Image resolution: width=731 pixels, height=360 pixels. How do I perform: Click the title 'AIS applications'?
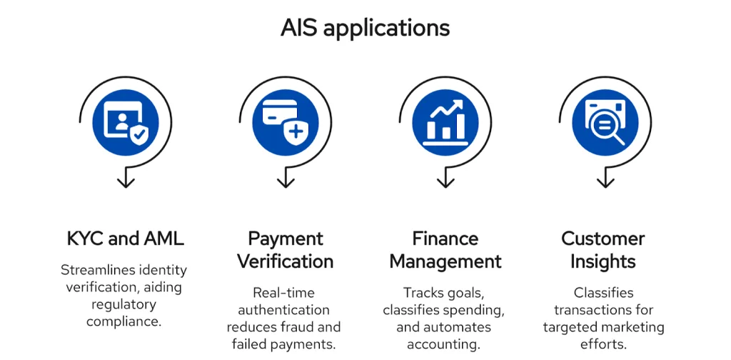point(365,28)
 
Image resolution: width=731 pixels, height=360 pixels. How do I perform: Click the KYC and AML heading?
point(125,239)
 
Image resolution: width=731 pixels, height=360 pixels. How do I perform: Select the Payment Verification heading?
point(286,250)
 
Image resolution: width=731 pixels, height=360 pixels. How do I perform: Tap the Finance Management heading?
point(445,250)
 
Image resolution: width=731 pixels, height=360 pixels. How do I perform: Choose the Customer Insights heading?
point(603,250)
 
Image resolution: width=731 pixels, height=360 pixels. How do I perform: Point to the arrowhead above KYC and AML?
point(126,181)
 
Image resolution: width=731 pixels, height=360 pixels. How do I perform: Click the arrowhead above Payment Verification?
point(286,181)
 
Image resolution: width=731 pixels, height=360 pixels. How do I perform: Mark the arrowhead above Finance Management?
point(445,181)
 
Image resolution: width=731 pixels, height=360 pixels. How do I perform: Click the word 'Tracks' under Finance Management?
point(424,293)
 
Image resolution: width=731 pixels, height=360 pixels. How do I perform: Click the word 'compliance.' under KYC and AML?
point(124,321)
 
